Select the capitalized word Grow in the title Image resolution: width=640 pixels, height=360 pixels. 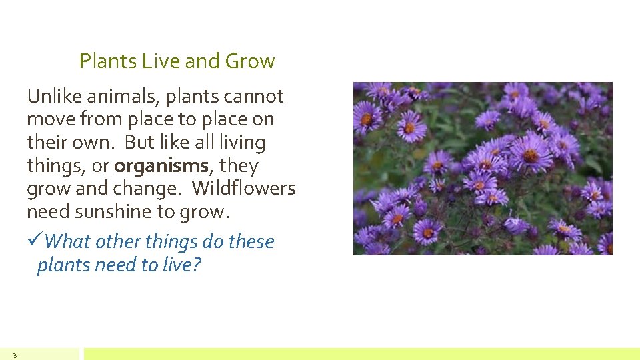click(x=250, y=61)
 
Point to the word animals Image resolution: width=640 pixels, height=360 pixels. click(x=125, y=97)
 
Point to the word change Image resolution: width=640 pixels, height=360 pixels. click(x=155, y=189)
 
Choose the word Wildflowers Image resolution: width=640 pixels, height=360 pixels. click(x=244, y=189)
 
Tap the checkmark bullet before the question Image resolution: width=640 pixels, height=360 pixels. click(x=35, y=241)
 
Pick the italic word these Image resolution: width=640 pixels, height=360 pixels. click(x=251, y=241)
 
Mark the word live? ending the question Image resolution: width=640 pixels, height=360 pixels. click(x=181, y=265)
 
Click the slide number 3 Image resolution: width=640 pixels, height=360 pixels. click(x=14, y=355)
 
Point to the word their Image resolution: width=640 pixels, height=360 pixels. click(x=47, y=143)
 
